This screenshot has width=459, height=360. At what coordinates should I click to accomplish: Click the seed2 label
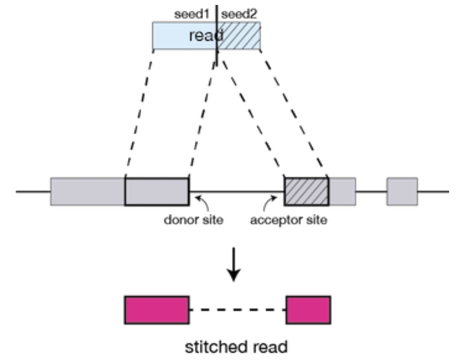[239, 14]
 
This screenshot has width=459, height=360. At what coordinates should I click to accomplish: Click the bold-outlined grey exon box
[157, 192]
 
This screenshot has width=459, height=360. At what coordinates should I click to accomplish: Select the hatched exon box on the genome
[306, 192]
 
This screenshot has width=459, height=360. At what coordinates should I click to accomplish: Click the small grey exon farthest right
[402, 192]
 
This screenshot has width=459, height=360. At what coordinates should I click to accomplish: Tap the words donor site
[194, 220]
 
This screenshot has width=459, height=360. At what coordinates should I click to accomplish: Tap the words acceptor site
[289, 220]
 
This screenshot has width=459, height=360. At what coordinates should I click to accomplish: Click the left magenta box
[157, 310]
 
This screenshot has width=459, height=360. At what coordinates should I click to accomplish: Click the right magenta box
[308, 310]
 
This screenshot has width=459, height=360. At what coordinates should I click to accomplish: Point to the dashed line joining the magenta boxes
[237, 310]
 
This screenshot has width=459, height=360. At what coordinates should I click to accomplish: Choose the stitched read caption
[236, 347]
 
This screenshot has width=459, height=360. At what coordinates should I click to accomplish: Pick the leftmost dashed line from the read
[140, 114]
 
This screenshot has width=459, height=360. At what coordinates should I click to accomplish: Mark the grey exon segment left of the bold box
[88, 192]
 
